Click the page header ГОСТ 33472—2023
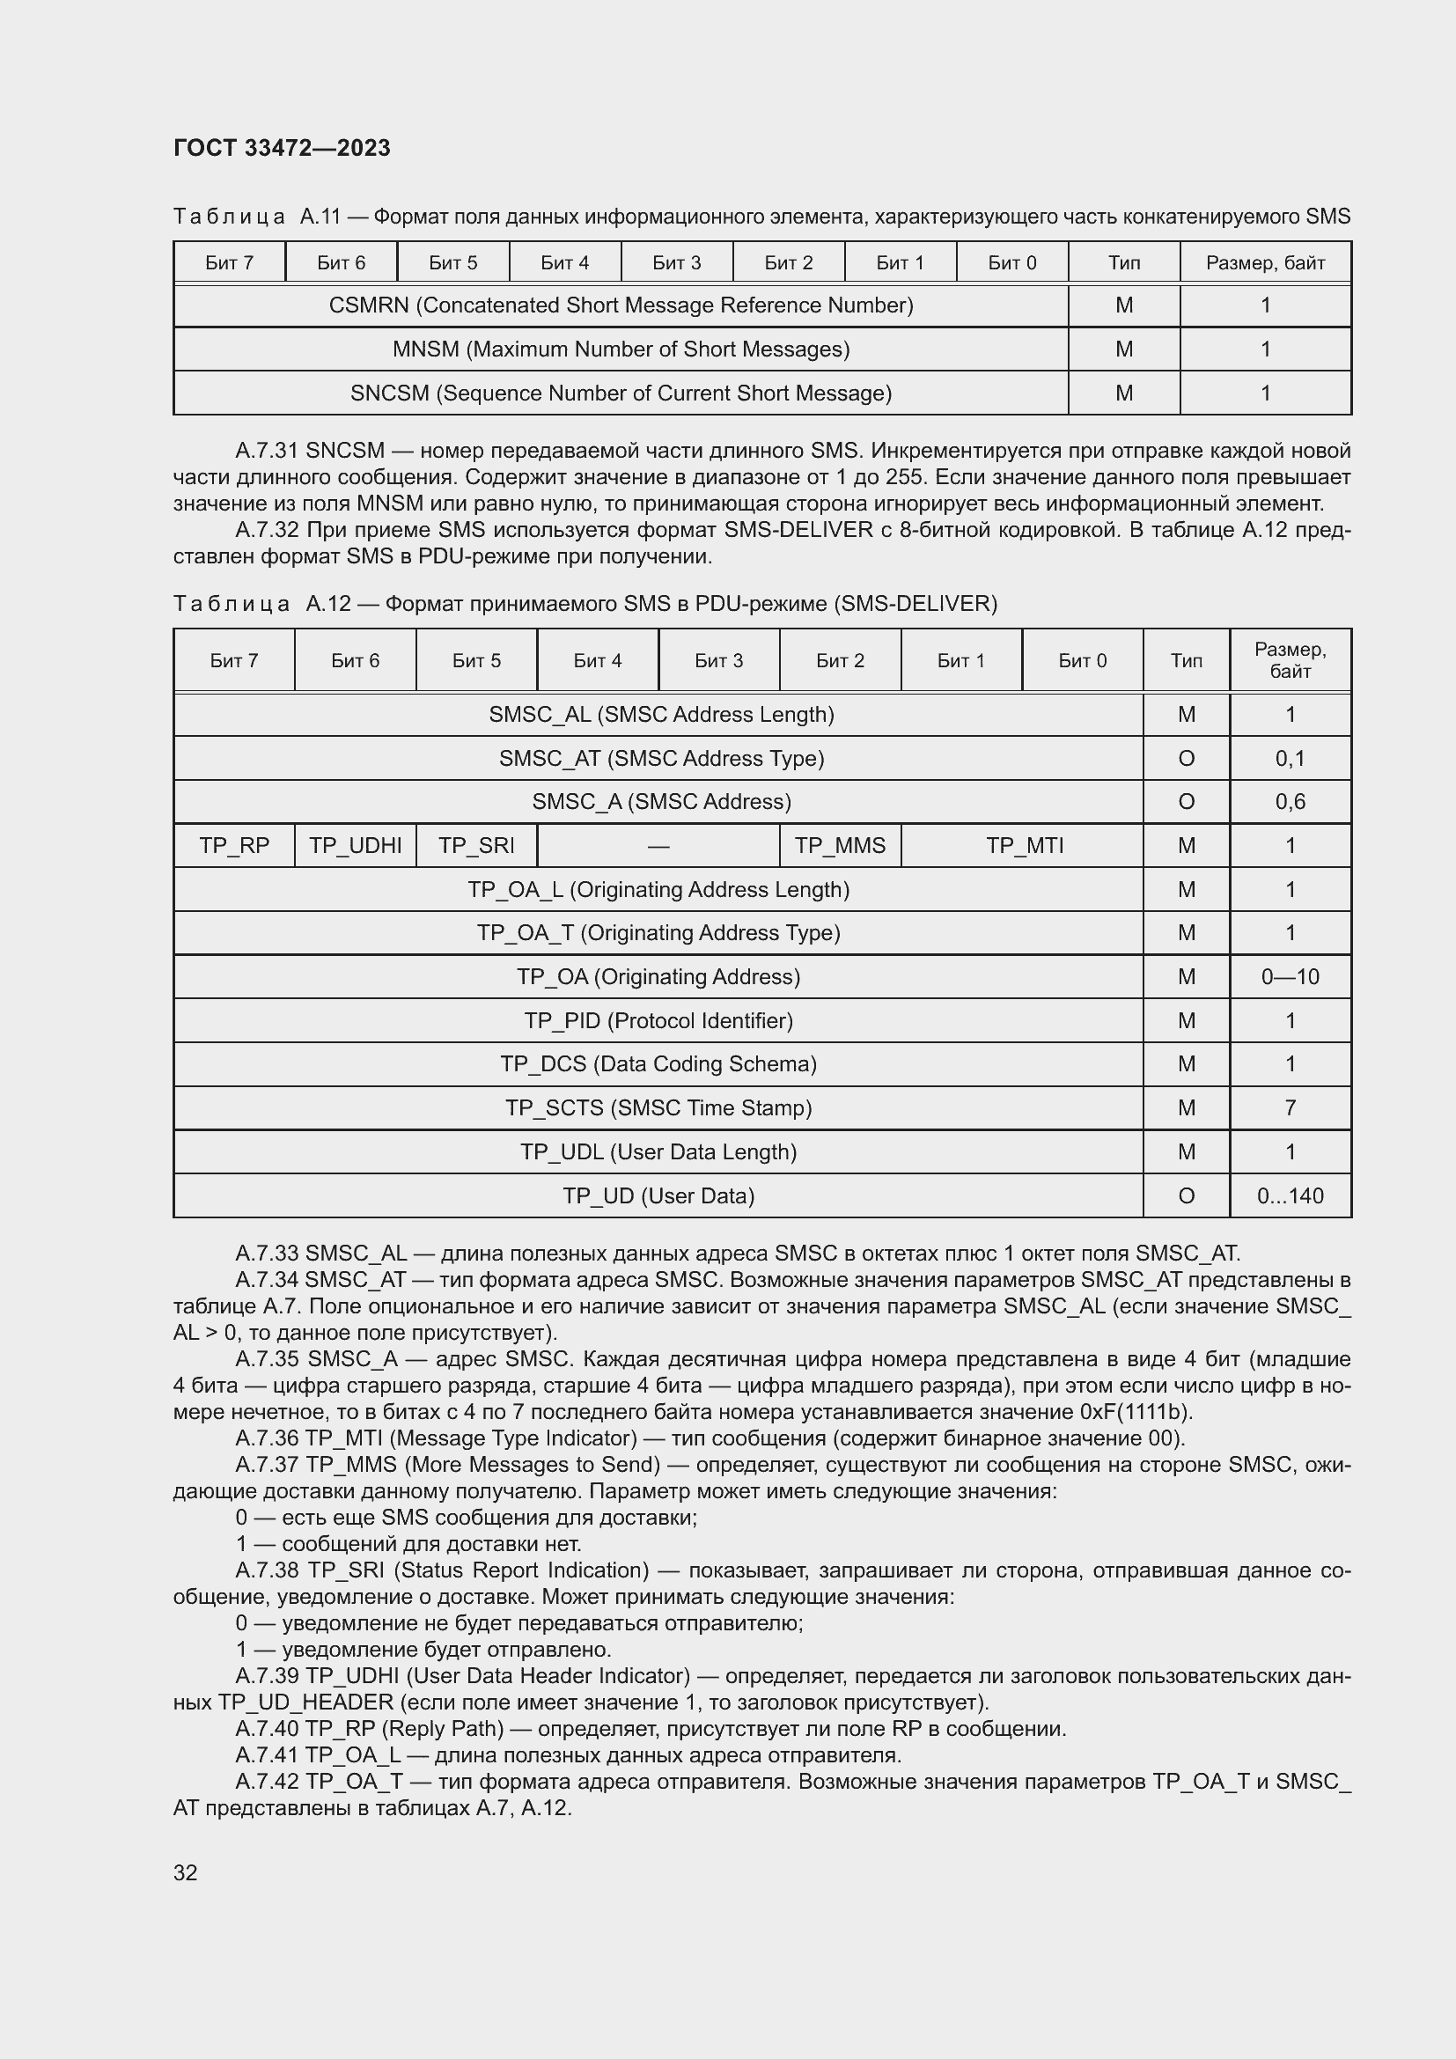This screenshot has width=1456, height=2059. click(282, 148)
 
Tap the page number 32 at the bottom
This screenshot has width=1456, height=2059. click(186, 1872)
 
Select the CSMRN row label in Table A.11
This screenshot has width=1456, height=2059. click(621, 305)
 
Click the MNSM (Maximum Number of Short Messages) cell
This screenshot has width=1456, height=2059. click(621, 349)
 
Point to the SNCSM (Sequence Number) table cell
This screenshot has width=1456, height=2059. click(621, 393)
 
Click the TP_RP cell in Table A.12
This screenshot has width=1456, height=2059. click(234, 846)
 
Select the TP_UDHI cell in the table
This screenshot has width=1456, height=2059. click(355, 846)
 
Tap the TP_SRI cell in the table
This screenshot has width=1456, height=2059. click(476, 846)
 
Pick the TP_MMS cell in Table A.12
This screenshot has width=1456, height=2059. click(840, 846)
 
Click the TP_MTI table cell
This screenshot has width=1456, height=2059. click(1024, 846)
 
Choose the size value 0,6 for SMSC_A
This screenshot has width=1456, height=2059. click(1291, 802)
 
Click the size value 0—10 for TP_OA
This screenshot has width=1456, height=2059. click(1291, 976)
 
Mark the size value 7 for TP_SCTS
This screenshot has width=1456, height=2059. click(1291, 1107)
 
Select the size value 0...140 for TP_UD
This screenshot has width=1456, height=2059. click(1291, 1195)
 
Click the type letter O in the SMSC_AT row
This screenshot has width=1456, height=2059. click(1185, 759)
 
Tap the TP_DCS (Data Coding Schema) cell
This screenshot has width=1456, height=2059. click(658, 1063)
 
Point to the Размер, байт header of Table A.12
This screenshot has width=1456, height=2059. click(1291, 660)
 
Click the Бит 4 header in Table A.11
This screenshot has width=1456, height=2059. click(565, 262)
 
